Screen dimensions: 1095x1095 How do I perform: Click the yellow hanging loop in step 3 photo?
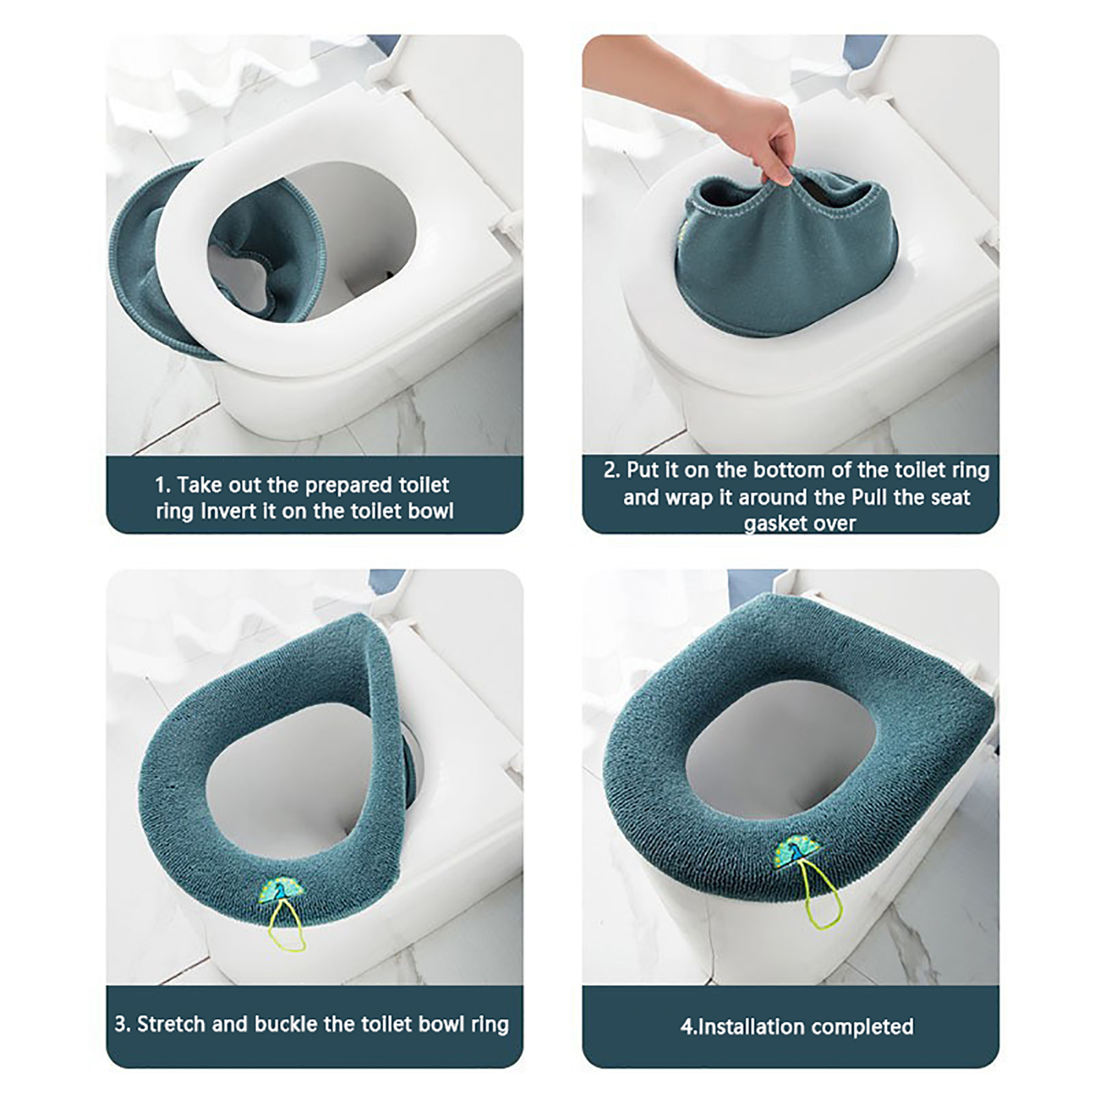287,927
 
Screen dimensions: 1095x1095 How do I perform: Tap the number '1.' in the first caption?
163,485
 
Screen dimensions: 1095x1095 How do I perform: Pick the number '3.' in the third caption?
123,1025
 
